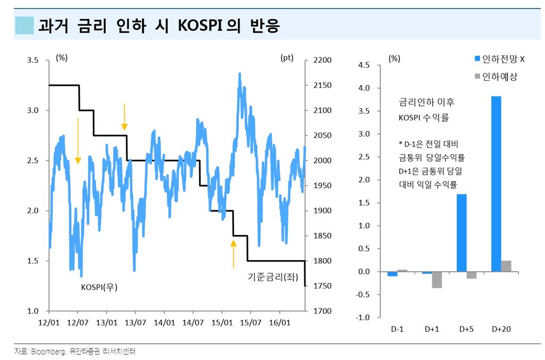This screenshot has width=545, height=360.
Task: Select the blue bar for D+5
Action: [461, 233]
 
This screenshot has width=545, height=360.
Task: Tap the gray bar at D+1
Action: [437, 280]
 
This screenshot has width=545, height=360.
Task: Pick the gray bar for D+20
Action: [506, 266]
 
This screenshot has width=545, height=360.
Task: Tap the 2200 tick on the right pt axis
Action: [322, 60]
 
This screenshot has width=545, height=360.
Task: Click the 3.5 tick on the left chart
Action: [32, 60]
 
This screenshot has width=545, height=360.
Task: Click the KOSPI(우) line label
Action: [99, 287]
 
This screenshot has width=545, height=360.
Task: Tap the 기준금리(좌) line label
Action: [270, 277]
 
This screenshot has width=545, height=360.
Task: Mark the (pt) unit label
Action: [287, 58]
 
